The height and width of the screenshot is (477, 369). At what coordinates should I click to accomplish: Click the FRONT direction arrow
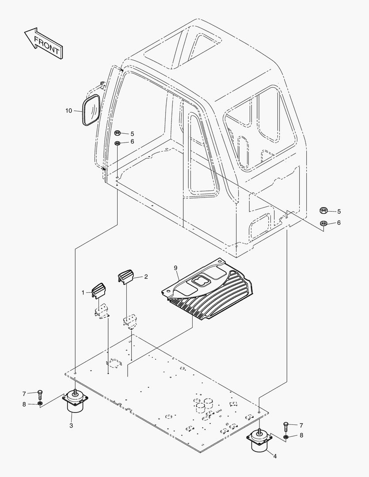42,43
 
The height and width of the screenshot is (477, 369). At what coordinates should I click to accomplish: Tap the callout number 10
68,110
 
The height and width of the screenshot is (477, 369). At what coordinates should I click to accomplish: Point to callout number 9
175,268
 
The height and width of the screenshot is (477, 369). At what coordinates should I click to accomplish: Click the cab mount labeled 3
75,403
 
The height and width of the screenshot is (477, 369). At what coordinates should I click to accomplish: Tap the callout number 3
71,425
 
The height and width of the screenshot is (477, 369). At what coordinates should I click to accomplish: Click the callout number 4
275,456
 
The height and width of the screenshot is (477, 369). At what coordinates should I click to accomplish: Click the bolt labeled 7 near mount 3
40,393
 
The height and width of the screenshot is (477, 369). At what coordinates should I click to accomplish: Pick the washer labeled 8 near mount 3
40,404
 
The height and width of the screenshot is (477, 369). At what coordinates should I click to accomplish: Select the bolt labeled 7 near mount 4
285,425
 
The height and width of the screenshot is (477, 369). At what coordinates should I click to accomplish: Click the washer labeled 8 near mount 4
286,436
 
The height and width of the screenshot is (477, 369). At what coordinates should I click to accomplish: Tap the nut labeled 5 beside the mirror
118,133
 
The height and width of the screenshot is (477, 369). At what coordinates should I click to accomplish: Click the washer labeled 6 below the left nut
118,143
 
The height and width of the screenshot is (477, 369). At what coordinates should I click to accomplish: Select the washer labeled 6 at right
323,223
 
